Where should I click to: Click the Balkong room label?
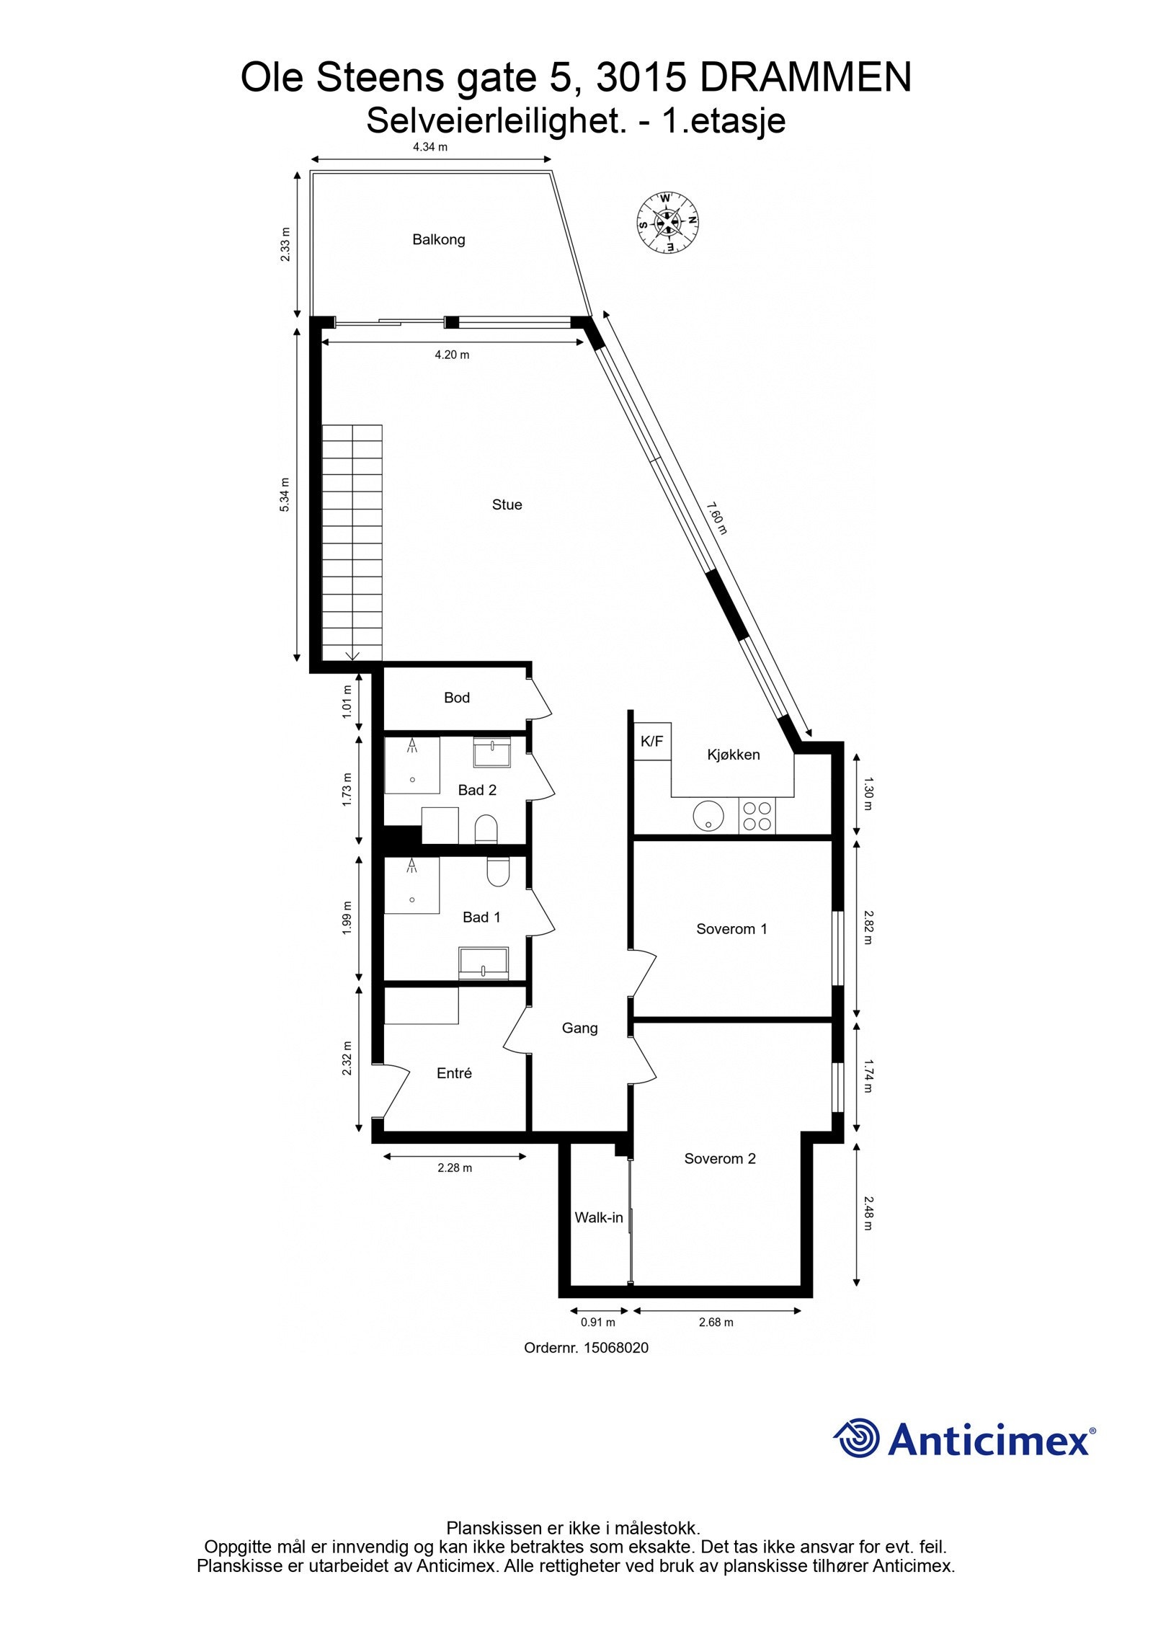(x=438, y=239)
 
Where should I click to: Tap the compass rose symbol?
(x=667, y=221)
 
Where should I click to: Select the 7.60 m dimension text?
(x=717, y=518)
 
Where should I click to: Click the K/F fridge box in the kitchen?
(x=652, y=741)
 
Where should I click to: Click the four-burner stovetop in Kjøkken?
(x=757, y=817)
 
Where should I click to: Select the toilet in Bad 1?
(x=498, y=871)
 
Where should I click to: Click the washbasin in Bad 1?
(x=484, y=964)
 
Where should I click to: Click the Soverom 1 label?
(x=731, y=929)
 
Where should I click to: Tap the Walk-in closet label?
(x=598, y=1217)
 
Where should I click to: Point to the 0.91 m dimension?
(x=598, y=1322)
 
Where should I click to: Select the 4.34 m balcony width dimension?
(x=430, y=147)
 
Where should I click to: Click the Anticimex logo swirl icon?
(x=857, y=1439)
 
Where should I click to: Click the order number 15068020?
(x=615, y=1348)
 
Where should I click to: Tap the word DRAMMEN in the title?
(x=805, y=78)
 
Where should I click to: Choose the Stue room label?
(x=507, y=505)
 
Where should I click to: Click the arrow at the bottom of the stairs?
(x=352, y=655)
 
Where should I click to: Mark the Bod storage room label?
(x=456, y=698)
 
